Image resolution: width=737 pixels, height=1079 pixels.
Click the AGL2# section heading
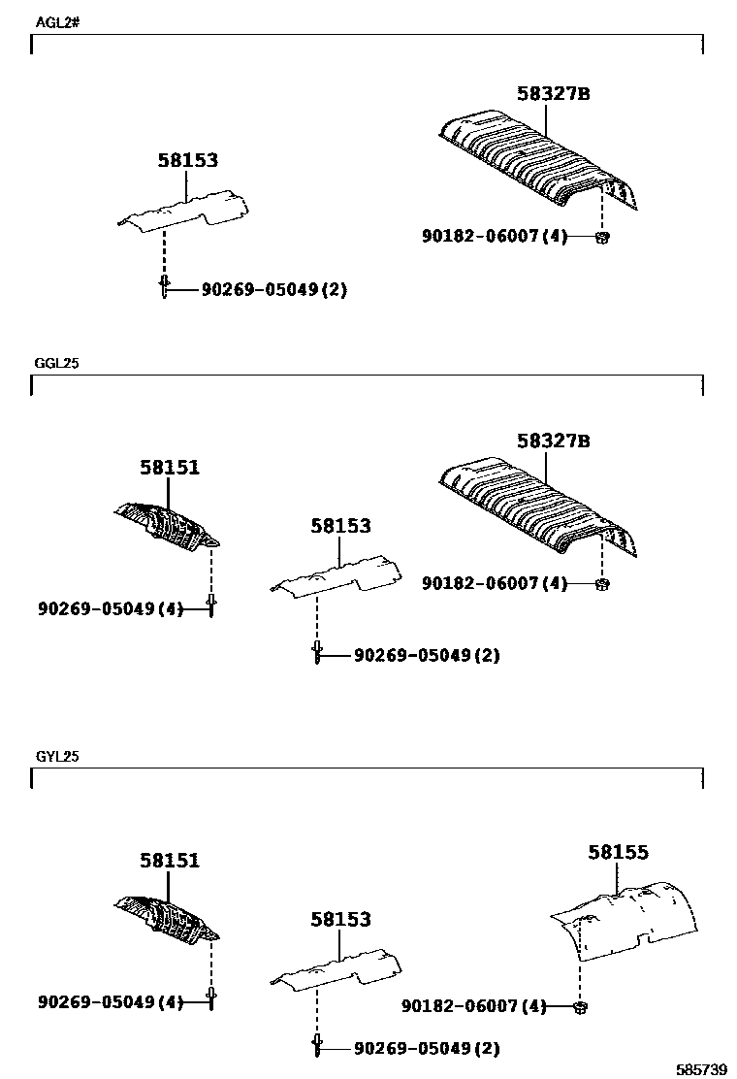pyautogui.click(x=57, y=21)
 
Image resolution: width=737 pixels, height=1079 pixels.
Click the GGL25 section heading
pyautogui.click(x=57, y=364)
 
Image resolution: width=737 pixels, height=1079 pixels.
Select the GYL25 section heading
pyautogui.click(x=57, y=756)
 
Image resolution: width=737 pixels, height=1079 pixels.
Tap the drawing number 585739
pyautogui.click(x=702, y=1069)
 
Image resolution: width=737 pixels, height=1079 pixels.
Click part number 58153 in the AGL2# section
pyautogui.click(x=188, y=161)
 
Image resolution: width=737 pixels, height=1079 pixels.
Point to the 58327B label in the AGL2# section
pyautogui.click(x=554, y=93)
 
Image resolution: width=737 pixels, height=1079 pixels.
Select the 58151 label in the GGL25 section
pyautogui.click(x=169, y=467)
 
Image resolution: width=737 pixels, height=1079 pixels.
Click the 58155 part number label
pyautogui.click(x=618, y=852)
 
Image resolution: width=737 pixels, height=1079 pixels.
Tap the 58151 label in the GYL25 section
pyautogui.click(x=169, y=860)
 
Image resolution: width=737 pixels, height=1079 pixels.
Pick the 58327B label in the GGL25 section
pyautogui.click(x=554, y=440)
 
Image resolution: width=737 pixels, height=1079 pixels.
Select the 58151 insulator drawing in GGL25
pyautogui.click(x=167, y=525)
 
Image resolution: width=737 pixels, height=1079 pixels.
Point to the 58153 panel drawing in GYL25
pyautogui.click(x=336, y=969)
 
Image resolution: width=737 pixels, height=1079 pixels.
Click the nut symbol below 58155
pyautogui.click(x=580, y=1007)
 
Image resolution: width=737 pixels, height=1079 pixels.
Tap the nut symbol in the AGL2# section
pyautogui.click(x=601, y=237)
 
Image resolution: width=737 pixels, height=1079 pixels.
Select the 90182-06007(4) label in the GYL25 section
pyautogui.click(x=473, y=1006)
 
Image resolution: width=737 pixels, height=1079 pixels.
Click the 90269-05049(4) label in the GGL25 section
pyautogui.click(x=111, y=607)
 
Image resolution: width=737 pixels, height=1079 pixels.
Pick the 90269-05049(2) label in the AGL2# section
pyautogui.click(x=274, y=289)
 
